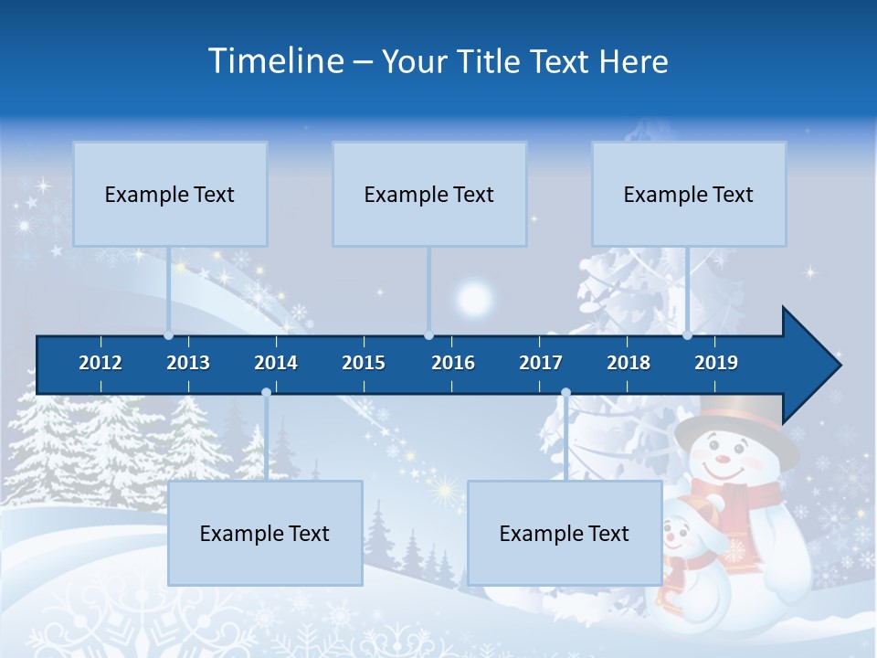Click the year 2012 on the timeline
coord(100,363)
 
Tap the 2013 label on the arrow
coord(188,363)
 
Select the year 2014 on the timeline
coord(276,363)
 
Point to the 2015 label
coord(364,363)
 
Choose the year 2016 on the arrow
coord(453,363)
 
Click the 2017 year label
coord(541,363)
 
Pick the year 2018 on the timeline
coord(629,363)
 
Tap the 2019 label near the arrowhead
coord(716,363)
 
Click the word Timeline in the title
coord(275,61)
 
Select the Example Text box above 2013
coord(170,194)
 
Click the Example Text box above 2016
coord(429,194)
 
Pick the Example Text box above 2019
coord(689,194)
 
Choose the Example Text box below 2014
coord(265,533)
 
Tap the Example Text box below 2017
coord(565,533)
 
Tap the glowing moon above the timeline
coord(474,298)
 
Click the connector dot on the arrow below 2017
coord(565,393)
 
